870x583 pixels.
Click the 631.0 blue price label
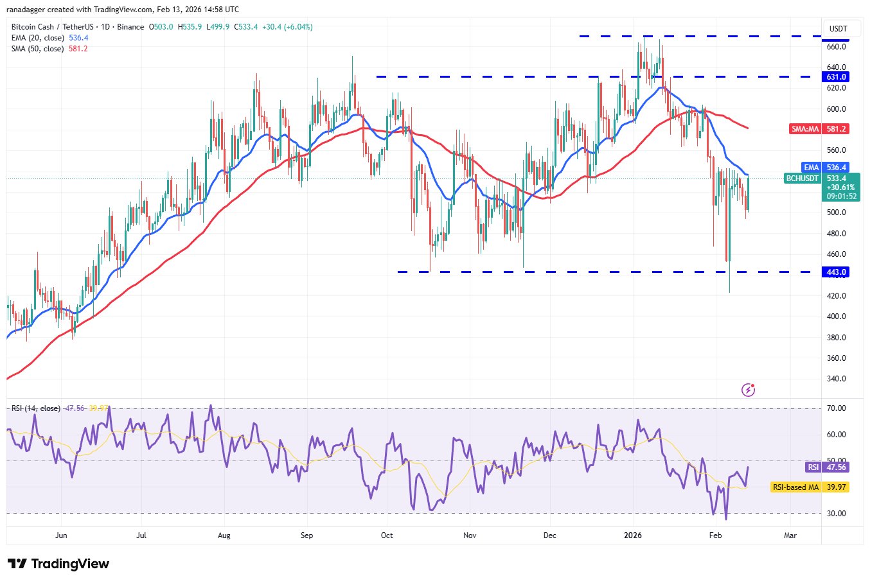point(837,77)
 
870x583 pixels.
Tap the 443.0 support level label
point(837,272)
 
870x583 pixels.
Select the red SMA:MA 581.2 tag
point(819,129)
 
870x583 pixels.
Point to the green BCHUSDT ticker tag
point(803,178)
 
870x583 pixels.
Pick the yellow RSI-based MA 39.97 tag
point(810,487)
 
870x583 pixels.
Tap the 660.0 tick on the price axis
point(836,47)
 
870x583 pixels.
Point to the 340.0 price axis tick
point(836,379)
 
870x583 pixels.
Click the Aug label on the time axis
point(224,535)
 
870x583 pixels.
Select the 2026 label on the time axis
point(633,535)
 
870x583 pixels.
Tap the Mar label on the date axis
point(790,535)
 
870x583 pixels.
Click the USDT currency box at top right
point(838,29)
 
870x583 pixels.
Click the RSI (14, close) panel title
point(36,408)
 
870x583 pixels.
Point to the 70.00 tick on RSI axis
point(836,408)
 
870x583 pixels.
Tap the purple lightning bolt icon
point(748,389)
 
